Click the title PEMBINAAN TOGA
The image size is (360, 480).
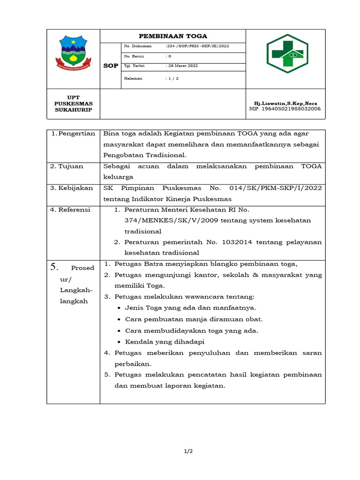tap(173, 36)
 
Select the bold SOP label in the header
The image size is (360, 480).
tap(111, 66)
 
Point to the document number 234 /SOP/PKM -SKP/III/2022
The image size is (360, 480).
tap(197, 46)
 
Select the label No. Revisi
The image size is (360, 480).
tap(134, 56)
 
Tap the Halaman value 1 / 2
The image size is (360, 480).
tap(172, 78)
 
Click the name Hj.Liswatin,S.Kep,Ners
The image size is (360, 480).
tap(285, 103)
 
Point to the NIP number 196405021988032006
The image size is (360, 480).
tap(285, 109)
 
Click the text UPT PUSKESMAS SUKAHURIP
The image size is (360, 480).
tap(73, 104)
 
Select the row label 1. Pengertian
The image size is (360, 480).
tap(73, 134)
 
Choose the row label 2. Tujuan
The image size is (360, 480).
tap(67, 166)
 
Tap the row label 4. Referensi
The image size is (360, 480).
tap(70, 210)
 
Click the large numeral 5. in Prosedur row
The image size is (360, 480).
tap(54, 267)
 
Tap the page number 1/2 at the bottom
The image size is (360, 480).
tap(187, 451)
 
